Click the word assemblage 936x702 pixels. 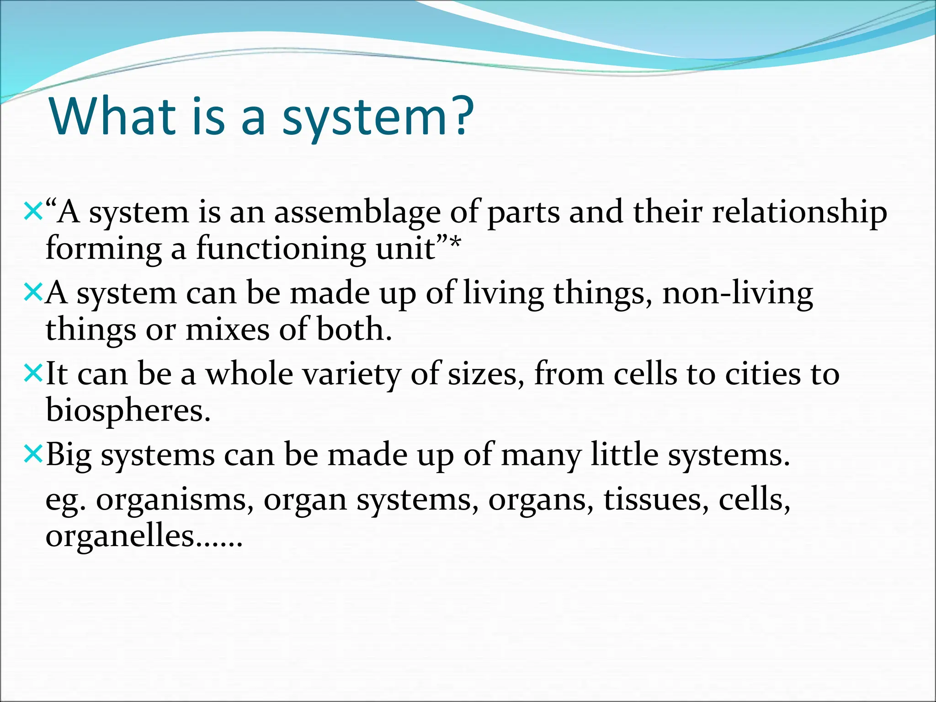pos(357,213)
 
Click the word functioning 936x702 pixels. pos(281,250)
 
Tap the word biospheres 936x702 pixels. pos(128,410)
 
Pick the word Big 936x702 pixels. pos(69,456)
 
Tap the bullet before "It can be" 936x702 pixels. pos(33,372)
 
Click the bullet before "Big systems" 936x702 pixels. pos(33,453)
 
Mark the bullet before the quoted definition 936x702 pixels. pos(33,211)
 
